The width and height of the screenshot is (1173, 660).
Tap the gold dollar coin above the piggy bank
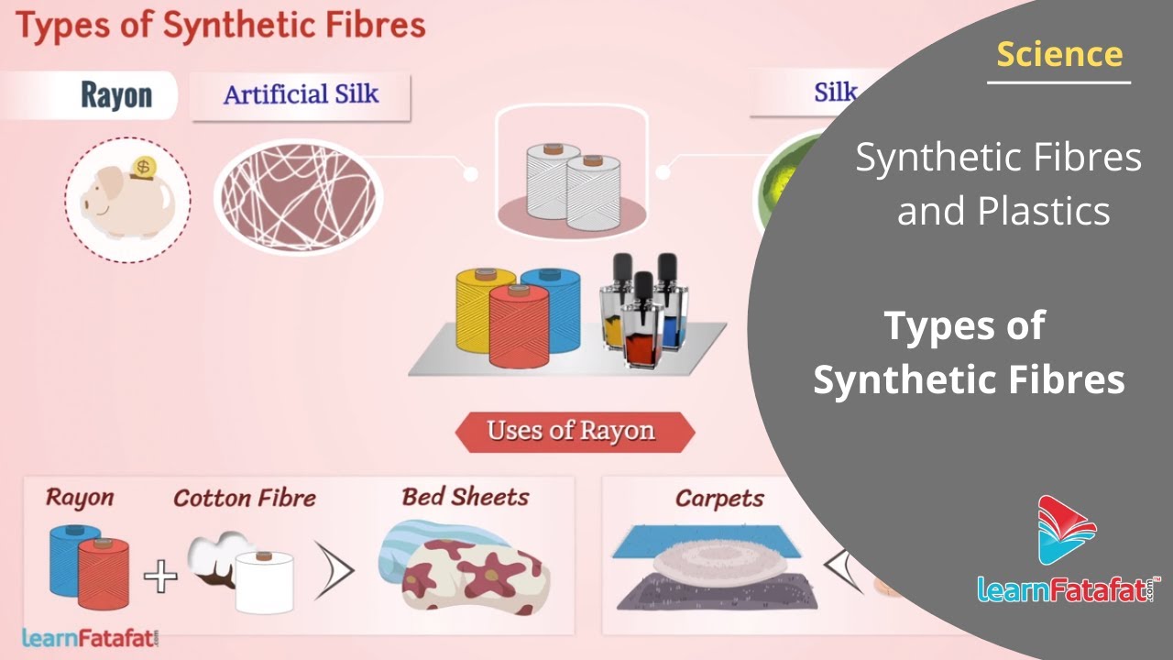pos(142,169)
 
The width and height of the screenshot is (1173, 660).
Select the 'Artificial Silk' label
pos(301,94)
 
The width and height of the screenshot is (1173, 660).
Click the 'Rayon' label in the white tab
pos(116,95)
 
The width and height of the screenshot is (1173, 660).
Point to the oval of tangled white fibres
pos(298,197)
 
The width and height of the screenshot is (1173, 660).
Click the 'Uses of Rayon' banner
pos(572,431)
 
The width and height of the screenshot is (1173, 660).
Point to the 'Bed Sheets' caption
pos(465,498)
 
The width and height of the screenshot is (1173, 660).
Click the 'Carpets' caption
pos(719,499)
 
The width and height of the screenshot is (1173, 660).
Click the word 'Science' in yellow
pos(1059,54)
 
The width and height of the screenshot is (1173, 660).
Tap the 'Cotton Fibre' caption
pos(245,499)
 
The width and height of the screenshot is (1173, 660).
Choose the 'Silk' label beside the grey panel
pos(835,92)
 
